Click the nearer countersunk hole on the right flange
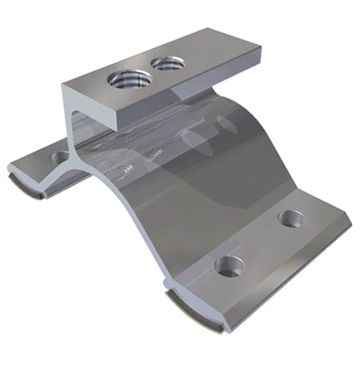tap(228, 265)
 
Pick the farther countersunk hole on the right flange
tap(290, 218)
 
